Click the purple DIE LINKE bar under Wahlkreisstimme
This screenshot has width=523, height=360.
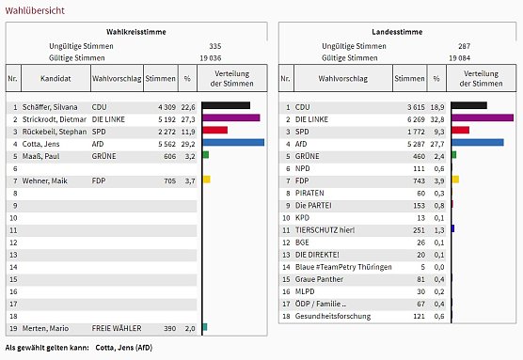click(230, 118)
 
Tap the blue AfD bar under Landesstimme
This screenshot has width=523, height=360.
click(477, 143)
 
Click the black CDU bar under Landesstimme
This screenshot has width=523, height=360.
click(468, 106)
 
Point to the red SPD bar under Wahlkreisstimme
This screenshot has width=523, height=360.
click(214, 131)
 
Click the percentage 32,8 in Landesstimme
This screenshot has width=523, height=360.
click(438, 118)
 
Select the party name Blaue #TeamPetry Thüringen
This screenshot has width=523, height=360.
click(344, 265)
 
